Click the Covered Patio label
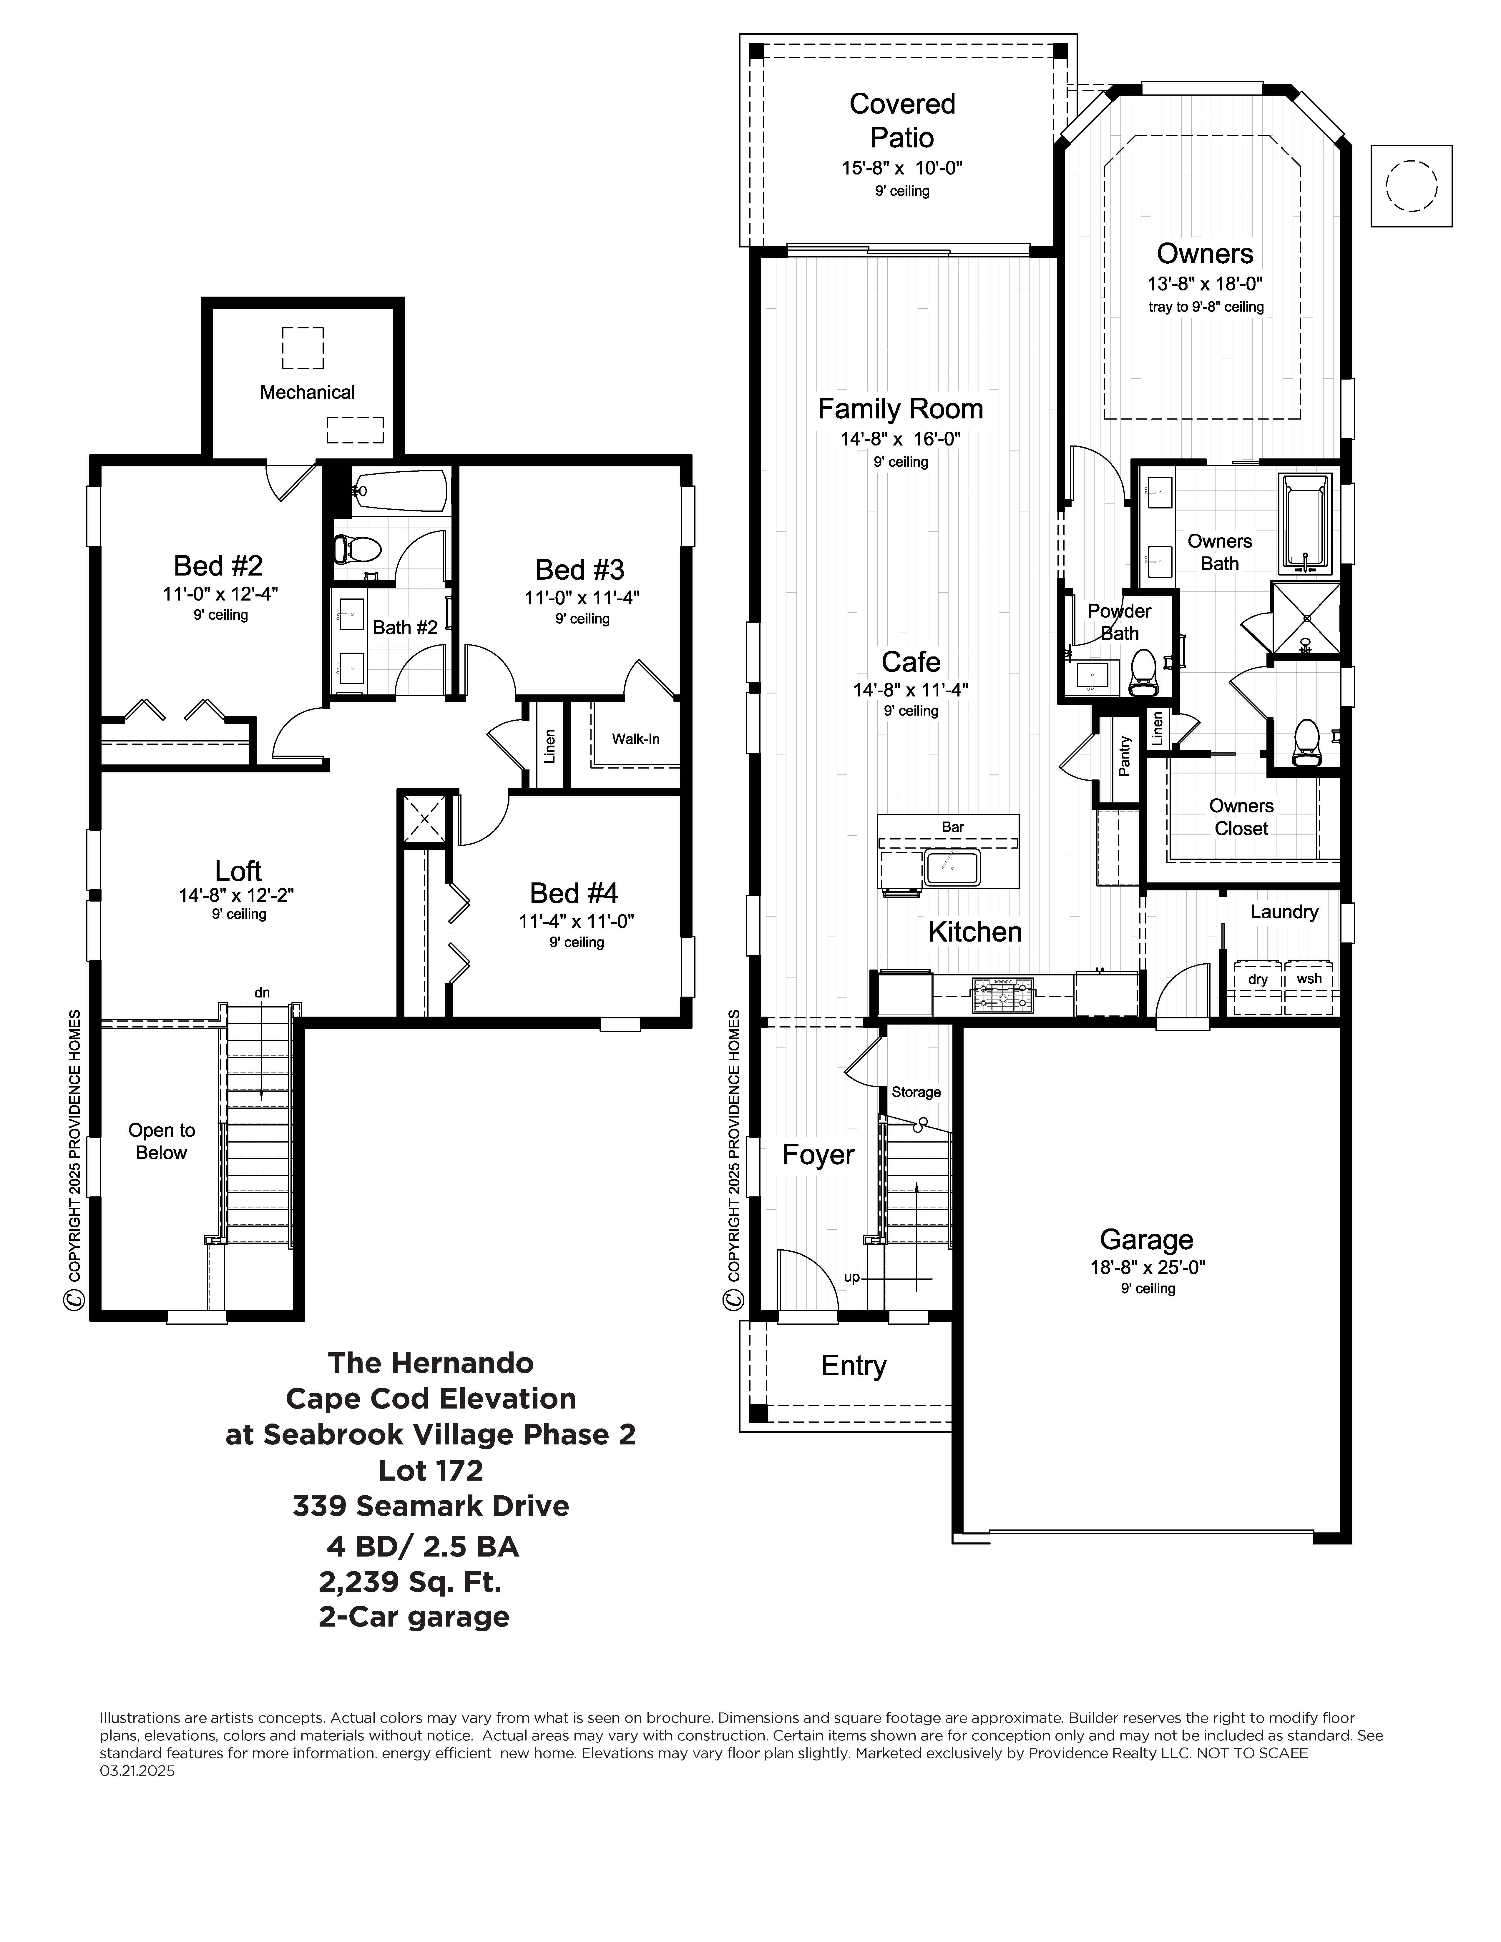tap(902, 120)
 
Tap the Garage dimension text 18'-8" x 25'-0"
tap(1147, 1267)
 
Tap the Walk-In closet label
tap(635, 739)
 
